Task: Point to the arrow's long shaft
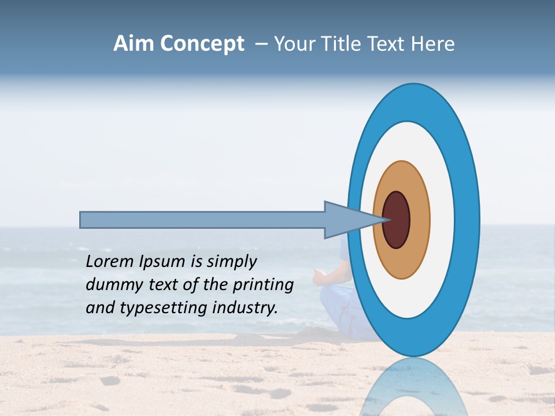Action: [202, 220]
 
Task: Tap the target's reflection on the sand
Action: [413, 387]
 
